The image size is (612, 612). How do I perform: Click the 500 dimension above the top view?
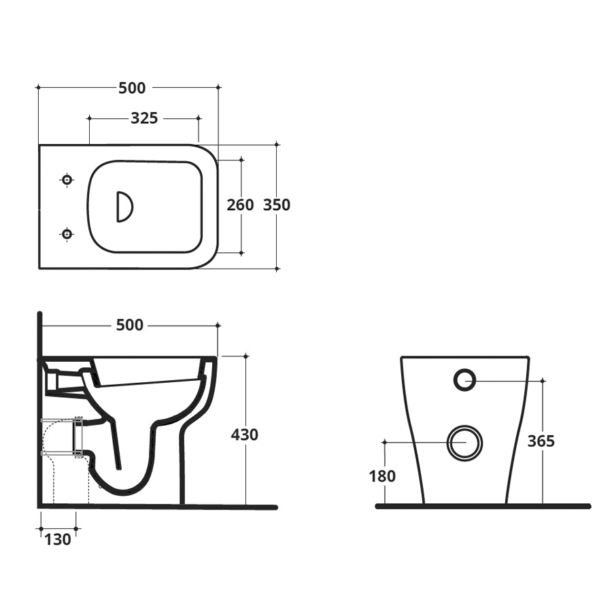tap(132, 88)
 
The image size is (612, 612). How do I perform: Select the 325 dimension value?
tap(144, 118)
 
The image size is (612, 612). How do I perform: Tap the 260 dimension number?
tap(240, 205)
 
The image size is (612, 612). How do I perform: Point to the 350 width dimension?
tap(277, 205)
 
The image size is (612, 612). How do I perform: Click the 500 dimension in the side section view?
tap(129, 326)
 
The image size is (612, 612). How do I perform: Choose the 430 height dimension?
tap(245, 434)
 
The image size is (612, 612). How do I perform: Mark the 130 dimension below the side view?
tap(58, 540)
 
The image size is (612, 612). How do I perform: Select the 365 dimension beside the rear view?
tap(541, 441)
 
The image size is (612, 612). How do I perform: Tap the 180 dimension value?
tap(382, 476)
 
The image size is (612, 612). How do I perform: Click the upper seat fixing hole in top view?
tap(67, 180)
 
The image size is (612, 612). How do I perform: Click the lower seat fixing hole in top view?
tap(67, 234)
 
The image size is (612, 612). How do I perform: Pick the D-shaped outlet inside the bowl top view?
tap(124, 207)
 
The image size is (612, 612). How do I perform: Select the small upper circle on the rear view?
tap(464, 380)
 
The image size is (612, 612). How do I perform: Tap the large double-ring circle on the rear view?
tap(465, 443)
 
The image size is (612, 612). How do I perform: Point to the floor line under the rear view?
tap(483, 506)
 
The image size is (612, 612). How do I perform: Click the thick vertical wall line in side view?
tap(40, 408)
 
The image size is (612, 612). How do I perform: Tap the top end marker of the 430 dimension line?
tap(245, 356)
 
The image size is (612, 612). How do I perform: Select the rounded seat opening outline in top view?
tap(146, 162)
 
